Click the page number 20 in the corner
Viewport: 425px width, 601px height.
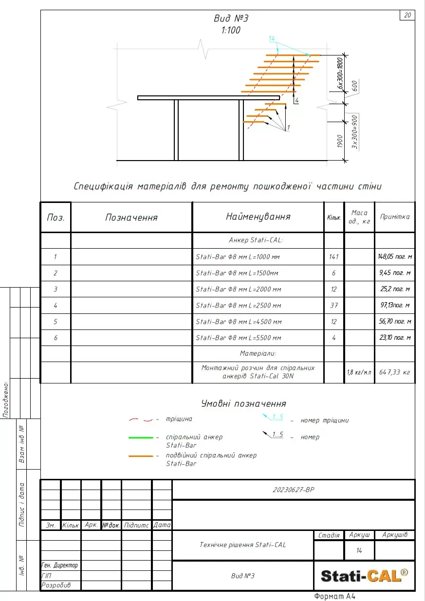click(x=407, y=15)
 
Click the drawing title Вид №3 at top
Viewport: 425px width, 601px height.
click(x=231, y=18)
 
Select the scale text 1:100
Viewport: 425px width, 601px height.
click(x=231, y=30)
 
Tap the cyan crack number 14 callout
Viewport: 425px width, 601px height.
click(x=272, y=38)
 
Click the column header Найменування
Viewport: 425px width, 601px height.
click(x=258, y=217)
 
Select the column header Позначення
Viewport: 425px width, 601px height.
click(x=131, y=217)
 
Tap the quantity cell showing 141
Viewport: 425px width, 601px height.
click(x=334, y=256)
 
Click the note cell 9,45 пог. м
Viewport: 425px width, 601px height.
click(x=395, y=273)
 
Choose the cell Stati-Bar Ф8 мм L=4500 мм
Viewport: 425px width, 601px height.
click(x=239, y=322)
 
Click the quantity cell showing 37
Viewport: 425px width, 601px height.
click(x=334, y=306)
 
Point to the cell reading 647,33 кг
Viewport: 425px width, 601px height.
click(x=395, y=372)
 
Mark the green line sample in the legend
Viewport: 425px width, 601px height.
click(x=141, y=438)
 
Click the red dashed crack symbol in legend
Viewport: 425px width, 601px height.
click(x=141, y=419)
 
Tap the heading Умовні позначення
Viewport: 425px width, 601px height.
click(x=243, y=403)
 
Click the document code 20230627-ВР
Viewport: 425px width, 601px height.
click(x=294, y=490)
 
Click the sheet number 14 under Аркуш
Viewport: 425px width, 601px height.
click(x=359, y=550)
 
